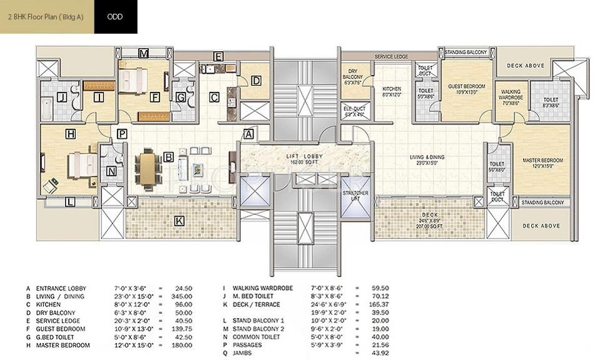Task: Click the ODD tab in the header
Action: [x=114, y=17]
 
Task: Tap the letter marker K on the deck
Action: [x=179, y=221]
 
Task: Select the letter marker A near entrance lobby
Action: [x=248, y=134]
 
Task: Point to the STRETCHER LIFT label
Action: [x=355, y=197]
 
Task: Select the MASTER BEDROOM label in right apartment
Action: [x=542, y=163]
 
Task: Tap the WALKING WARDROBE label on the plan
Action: [x=511, y=98]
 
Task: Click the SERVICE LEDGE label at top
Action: [x=391, y=57]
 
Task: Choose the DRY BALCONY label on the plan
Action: [x=353, y=77]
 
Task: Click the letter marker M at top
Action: [x=143, y=53]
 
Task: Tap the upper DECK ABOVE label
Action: [x=524, y=66]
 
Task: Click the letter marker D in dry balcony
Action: [x=255, y=80]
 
